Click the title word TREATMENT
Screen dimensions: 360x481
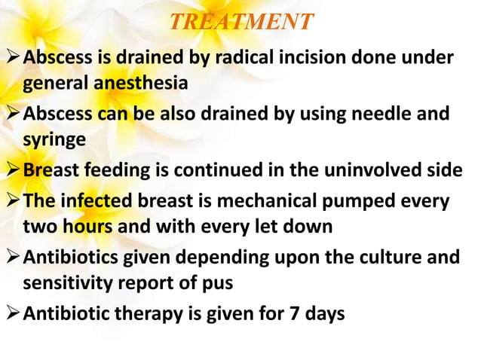(x=240, y=23)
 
